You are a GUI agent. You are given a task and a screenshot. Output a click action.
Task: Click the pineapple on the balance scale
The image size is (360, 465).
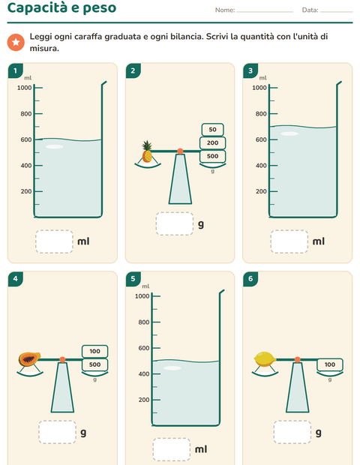tap(147, 151)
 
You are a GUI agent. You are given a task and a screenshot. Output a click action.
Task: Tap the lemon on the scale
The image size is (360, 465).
tap(265, 359)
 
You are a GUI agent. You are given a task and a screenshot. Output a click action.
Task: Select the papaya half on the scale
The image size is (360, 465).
tap(29, 358)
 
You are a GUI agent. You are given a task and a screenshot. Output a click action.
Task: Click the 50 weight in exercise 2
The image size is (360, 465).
tap(212, 130)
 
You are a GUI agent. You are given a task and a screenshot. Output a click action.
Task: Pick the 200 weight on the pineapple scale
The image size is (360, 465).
tap(212, 143)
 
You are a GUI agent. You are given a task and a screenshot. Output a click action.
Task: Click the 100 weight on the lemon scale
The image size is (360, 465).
tap(330, 364)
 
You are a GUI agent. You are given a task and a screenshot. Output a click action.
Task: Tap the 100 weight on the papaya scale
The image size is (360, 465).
tap(95, 352)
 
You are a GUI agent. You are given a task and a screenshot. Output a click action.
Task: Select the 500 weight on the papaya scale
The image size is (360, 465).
tap(95, 364)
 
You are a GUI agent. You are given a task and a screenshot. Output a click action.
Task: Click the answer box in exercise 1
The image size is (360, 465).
tap(54, 241)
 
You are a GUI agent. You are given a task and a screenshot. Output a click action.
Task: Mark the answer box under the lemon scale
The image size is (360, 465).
tap(292, 432)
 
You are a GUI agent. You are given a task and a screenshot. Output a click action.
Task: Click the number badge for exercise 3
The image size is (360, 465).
tap(250, 70)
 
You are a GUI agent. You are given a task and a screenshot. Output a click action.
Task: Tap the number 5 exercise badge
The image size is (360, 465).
tap(133, 279)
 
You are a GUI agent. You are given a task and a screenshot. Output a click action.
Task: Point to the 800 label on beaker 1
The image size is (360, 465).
tap(26, 114)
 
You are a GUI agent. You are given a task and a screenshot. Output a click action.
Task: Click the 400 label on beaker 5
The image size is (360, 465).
tap(144, 374)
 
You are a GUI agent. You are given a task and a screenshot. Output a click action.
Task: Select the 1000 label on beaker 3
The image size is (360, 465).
tap(259, 88)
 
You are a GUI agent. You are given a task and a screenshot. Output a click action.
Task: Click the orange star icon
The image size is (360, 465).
tap(16, 43)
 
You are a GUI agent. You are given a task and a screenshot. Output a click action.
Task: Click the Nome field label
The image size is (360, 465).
tap(225, 10)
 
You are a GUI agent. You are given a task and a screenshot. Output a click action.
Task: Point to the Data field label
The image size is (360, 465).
tap(310, 10)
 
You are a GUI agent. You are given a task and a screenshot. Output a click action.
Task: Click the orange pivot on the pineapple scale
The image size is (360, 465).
tap(180, 151)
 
